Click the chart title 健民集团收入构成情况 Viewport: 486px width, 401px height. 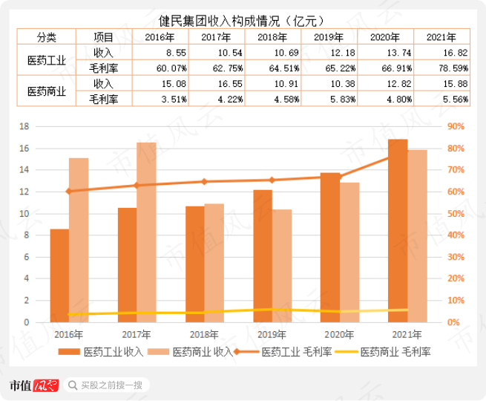coord(219,21)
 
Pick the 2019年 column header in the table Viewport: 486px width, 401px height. coord(329,37)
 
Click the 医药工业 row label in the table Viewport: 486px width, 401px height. coord(47,60)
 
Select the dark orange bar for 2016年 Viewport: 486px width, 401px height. coord(59,276)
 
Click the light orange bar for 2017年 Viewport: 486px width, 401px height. coord(146,232)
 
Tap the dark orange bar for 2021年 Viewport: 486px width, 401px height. coord(398,231)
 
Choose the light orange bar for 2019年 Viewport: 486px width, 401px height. coord(282,266)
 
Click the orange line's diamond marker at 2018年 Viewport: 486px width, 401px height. coord(204,182)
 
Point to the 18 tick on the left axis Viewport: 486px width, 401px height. coord(24,126)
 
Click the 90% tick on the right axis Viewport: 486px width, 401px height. coord(456,126)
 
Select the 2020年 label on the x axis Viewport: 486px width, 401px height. coord(339,335)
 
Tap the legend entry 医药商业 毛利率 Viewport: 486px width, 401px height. coord(383,352)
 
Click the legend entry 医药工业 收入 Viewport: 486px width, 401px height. coord(101,352)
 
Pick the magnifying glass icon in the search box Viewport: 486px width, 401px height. coord(73,385)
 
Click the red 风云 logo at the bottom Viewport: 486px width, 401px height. coord(46,385)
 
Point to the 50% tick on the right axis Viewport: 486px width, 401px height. coord(456,214)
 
